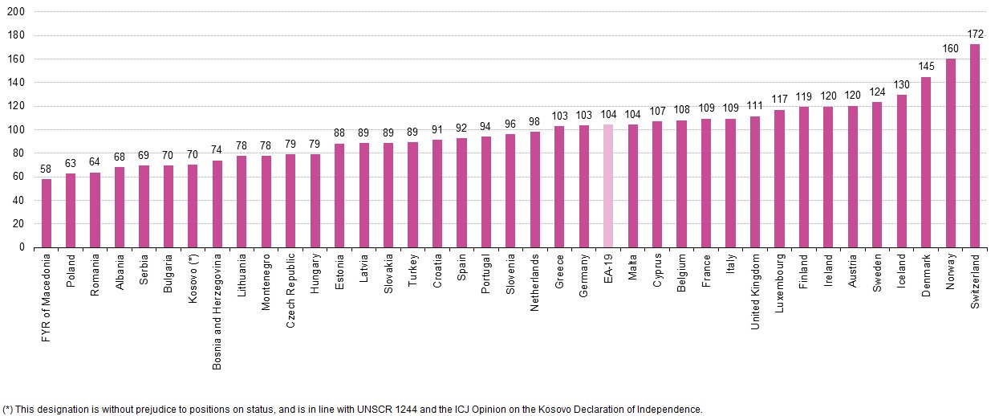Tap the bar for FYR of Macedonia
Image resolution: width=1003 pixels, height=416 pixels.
[x=47, y=214]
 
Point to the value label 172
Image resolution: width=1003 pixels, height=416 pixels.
[x=975, y=35]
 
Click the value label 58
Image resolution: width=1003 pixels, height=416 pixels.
[x=47, y=169]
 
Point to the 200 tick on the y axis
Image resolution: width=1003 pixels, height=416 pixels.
[x=15, y=12]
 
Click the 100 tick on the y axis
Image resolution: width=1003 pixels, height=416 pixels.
[x=15, y=130]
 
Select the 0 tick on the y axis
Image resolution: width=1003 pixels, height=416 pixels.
[x=22, y=247]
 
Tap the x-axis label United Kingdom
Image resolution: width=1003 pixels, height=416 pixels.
[x=755, y=292]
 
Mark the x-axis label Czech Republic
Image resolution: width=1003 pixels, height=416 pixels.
[x=290, y=292]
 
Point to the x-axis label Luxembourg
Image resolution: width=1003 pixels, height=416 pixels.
[x=779, y=284]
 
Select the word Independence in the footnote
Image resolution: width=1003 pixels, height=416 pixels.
[x=672, y=410]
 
